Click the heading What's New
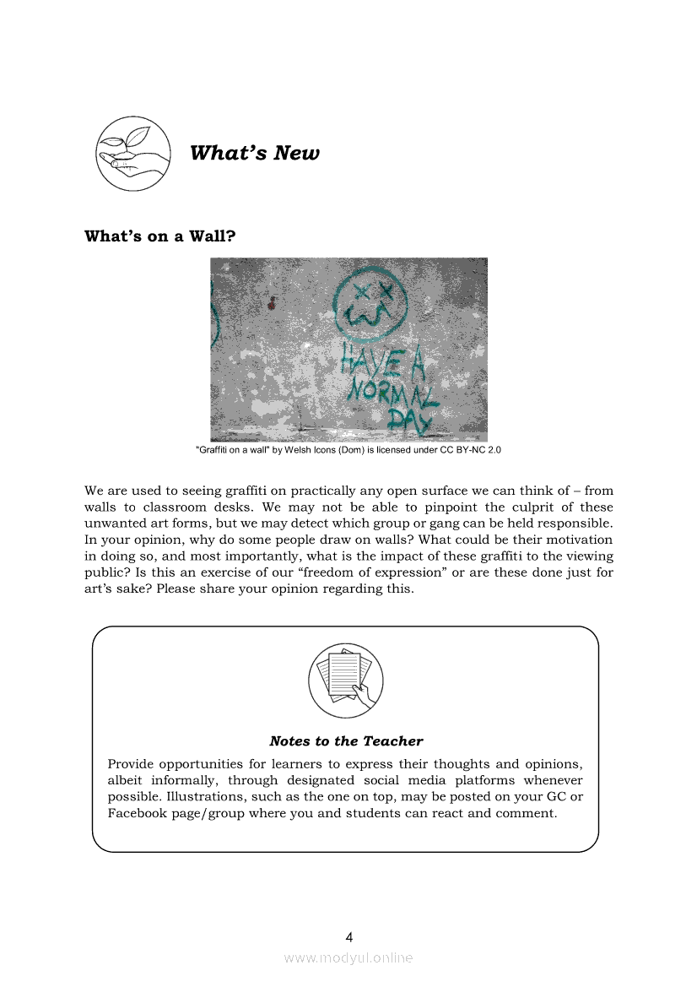(x=255, y=153)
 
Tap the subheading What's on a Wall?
(x=159, y=236)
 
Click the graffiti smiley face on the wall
(x=370, y=301)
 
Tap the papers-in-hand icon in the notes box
(x=345, y=680)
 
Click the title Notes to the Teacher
(x=346, y=741)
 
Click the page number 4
(x=349, y=936)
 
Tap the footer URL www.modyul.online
(x=348, y=957)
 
